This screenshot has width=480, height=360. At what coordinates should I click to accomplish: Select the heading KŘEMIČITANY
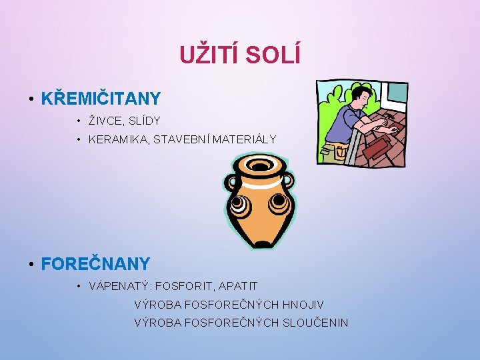coord(101,99)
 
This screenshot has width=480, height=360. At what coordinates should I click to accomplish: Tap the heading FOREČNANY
coord(95,264)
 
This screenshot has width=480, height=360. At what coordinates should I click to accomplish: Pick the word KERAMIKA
coord(115,139)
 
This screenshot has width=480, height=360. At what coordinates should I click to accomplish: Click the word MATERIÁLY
coord(243,139)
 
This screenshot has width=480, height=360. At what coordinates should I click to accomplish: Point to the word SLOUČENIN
coord(314,323)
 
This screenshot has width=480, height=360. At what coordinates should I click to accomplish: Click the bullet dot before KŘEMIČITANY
coord(31,100)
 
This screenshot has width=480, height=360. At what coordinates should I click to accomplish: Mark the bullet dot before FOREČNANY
coord(31,265)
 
